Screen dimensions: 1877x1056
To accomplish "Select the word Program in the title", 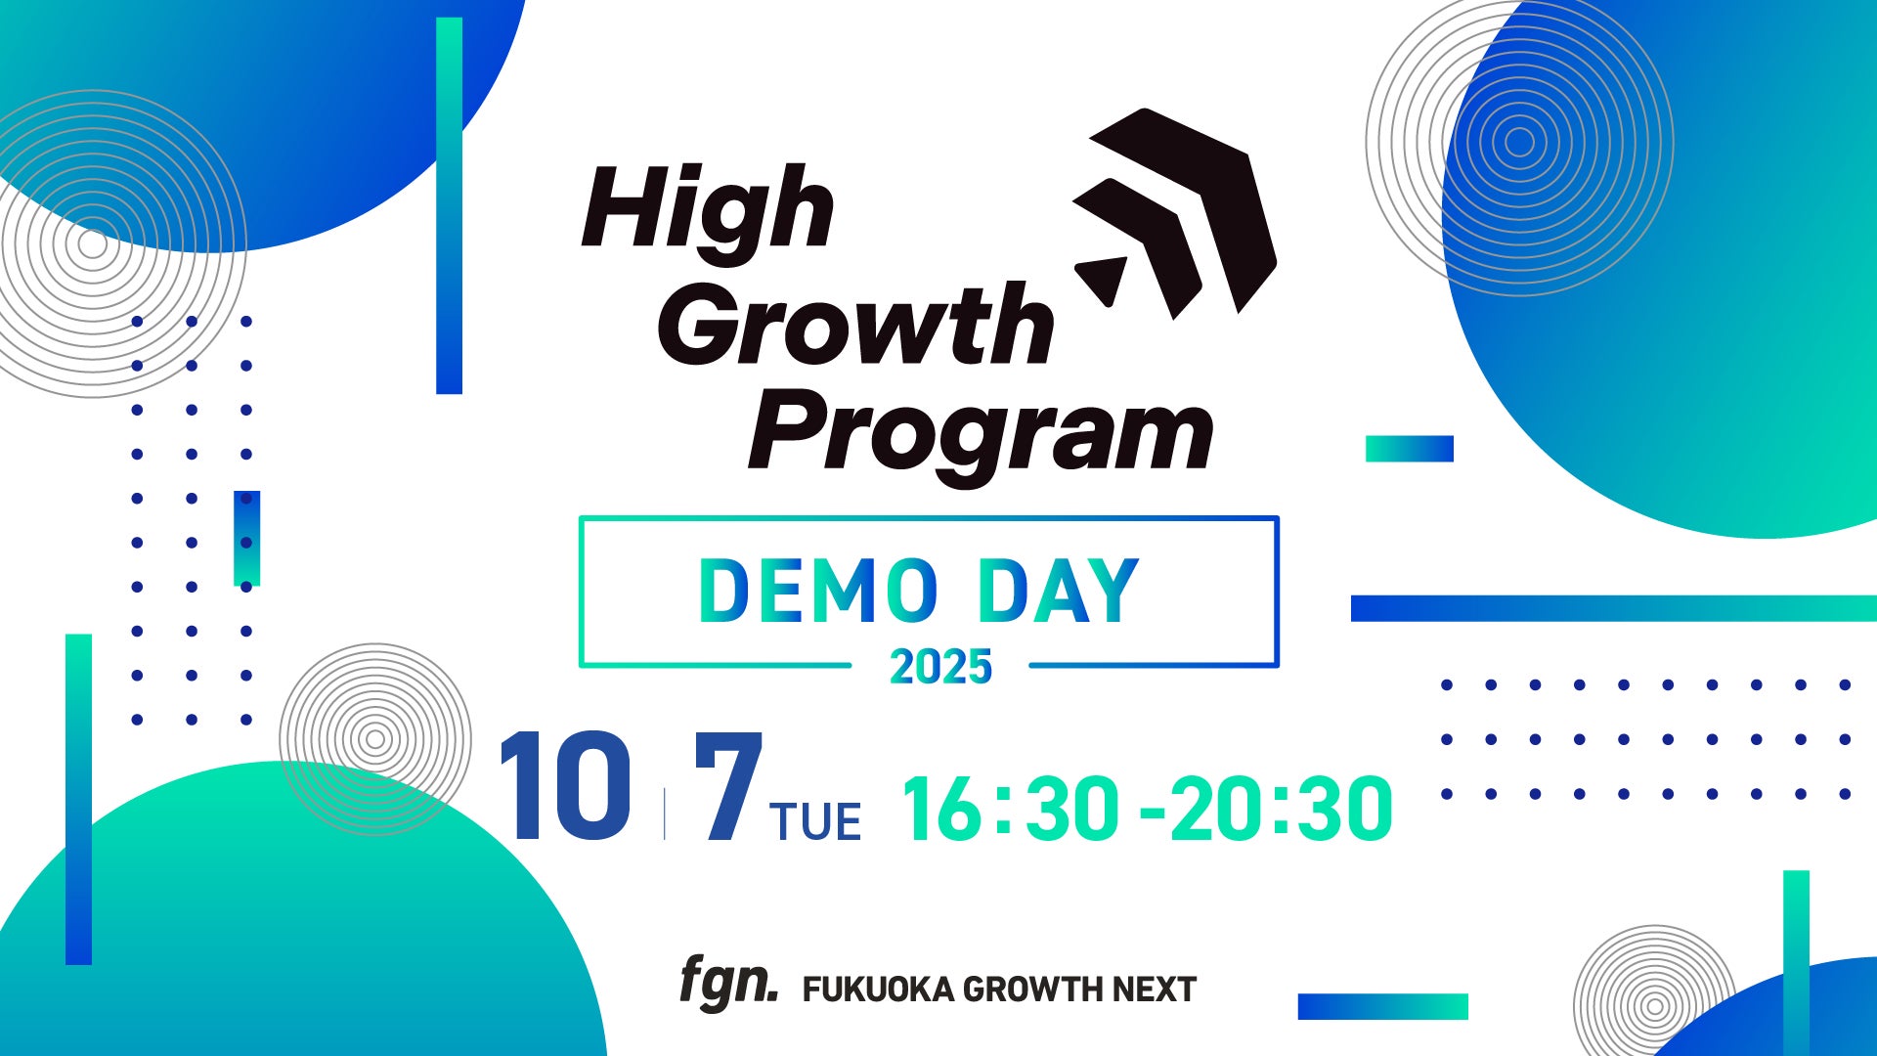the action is [981, 436].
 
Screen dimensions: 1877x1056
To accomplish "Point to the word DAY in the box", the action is [1059, 591].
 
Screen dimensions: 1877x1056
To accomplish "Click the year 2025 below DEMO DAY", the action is [940, 667].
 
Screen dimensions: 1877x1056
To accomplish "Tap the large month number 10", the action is [564, 787].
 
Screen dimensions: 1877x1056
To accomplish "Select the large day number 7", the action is [728, 787].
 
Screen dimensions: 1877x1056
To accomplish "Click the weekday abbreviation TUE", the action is [815, 821].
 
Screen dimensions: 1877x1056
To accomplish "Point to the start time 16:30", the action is [1011, 809].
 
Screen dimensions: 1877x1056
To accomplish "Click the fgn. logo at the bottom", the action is [729, 984].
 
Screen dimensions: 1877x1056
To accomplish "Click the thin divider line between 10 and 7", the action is [665, 814].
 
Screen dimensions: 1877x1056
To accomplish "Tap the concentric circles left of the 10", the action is [375, 739].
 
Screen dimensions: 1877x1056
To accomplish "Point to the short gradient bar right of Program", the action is [1410, 449].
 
